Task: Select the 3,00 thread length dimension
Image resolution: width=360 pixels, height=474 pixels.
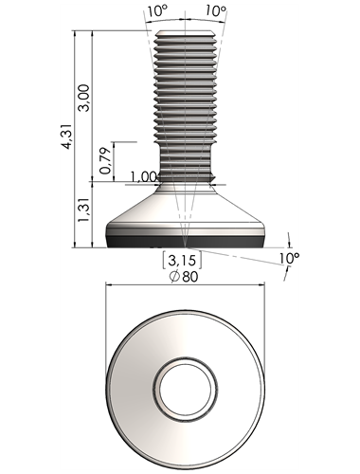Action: point(84,98)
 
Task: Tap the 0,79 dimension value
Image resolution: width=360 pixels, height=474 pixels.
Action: point(105,161)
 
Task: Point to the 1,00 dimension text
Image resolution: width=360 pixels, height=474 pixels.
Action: point(144,177)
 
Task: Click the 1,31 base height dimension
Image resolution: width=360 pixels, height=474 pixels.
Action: point(84,210)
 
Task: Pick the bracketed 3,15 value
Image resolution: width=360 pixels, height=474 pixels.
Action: point(182,261)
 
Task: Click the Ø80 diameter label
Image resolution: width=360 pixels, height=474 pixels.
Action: point(184,277)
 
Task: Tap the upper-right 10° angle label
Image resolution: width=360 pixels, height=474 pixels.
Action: point(216,11)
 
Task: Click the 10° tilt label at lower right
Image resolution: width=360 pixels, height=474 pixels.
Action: point(289,258)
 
